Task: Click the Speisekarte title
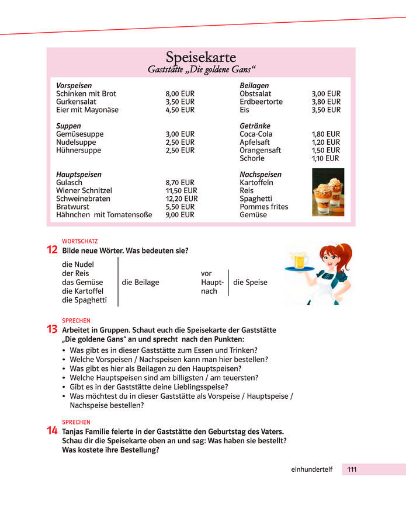click(x=200, y=57)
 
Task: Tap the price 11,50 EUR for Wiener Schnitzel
click(x=181, y=190)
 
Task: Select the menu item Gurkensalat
click(x=76, y=102)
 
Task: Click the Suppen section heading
click(x=68, y=126)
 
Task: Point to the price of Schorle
click(x=325, y=158)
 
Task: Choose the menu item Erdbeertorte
click(x=261, y=102)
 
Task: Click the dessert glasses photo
click(x=328, y=192)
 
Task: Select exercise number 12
click(x=51, y=250)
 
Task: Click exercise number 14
click(x=51, y=431)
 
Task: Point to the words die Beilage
click(x=140, y=283)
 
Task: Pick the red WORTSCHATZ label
click(x=80, y=241)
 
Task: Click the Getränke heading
click(x=255, y=126)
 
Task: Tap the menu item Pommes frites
click(x=263, y=207)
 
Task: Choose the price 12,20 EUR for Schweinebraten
click(x=182, y=199)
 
